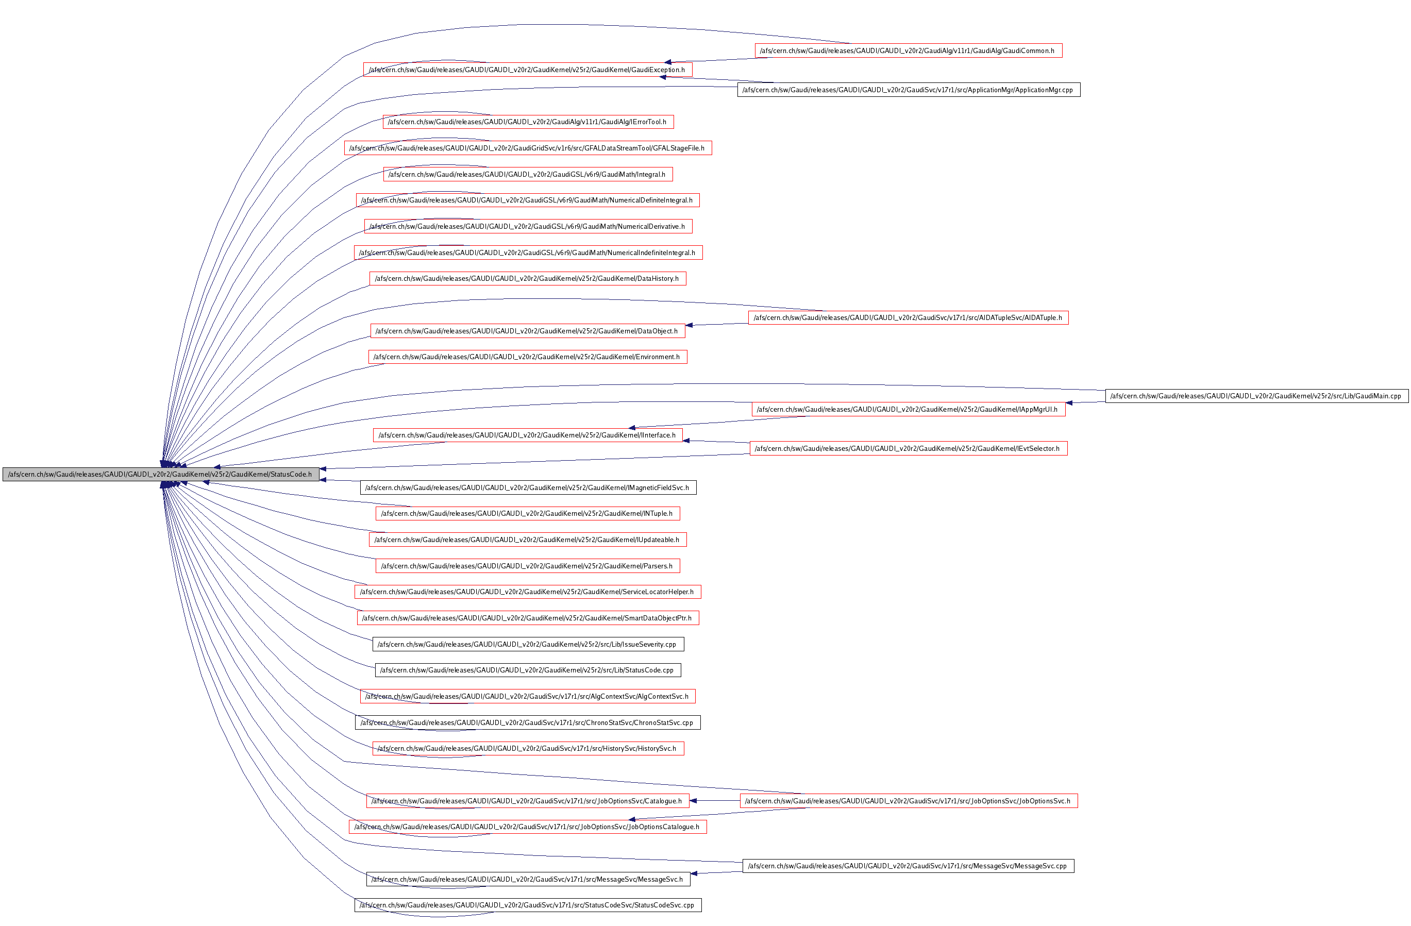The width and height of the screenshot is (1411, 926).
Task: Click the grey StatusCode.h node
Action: tap(161, 474)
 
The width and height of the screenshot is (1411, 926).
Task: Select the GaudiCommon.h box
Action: tap(908, 51)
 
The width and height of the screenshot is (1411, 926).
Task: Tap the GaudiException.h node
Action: tap(527, 70)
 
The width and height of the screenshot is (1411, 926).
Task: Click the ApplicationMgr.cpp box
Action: tap(908, 90)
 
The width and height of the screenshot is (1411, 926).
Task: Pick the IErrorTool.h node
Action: tap(528, 122)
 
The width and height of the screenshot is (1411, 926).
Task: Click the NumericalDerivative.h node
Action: tap(528, 226)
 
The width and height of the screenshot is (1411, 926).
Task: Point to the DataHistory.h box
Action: tap(527, 279)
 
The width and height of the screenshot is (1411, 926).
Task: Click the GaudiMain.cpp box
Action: tap(1256, 396)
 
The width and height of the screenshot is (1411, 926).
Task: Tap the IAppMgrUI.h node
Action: tap(908, 410)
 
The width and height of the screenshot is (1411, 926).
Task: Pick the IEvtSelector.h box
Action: tap(908, 449)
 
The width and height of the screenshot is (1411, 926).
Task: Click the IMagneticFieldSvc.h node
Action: tap(528, 488)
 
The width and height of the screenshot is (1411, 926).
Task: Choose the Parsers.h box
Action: tap(527, 566)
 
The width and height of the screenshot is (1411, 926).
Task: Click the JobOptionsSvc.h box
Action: tap(908, 801)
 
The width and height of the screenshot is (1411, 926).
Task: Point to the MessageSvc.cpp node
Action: tap(908, 866)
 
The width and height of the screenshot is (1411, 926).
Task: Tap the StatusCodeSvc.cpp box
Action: tap(528, 905)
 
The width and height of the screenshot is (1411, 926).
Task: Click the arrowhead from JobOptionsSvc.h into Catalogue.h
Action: tap(693, 801)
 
